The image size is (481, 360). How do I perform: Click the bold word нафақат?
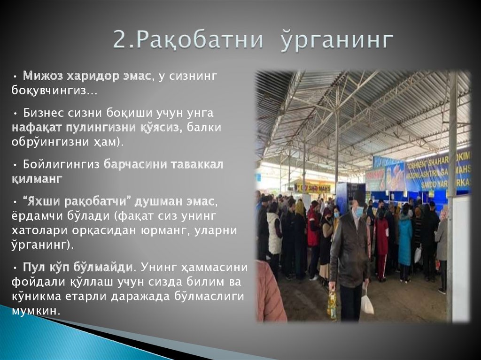coord(39,128)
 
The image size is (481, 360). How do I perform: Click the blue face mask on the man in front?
coord(359,212)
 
